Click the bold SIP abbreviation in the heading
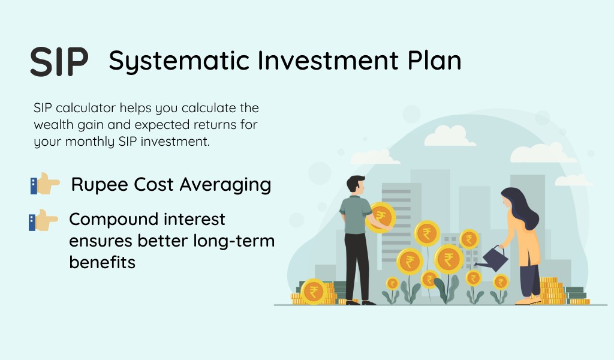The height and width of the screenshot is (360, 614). click(x=59, y=62)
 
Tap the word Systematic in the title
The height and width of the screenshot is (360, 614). click(x=179, y=61)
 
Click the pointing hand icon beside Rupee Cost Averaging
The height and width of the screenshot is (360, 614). click(x=45, y=184)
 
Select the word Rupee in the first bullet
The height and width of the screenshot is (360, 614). click(x=100, y=185)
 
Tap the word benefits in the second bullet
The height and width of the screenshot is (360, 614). click(x=102, y=262)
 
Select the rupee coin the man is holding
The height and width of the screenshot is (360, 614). click(x=380, y=217)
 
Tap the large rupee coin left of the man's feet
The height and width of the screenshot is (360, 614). click(x=314, y=292)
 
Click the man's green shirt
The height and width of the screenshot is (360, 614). click(x=355, y=215)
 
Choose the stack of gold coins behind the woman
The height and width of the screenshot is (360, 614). click(x=552, y=292)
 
